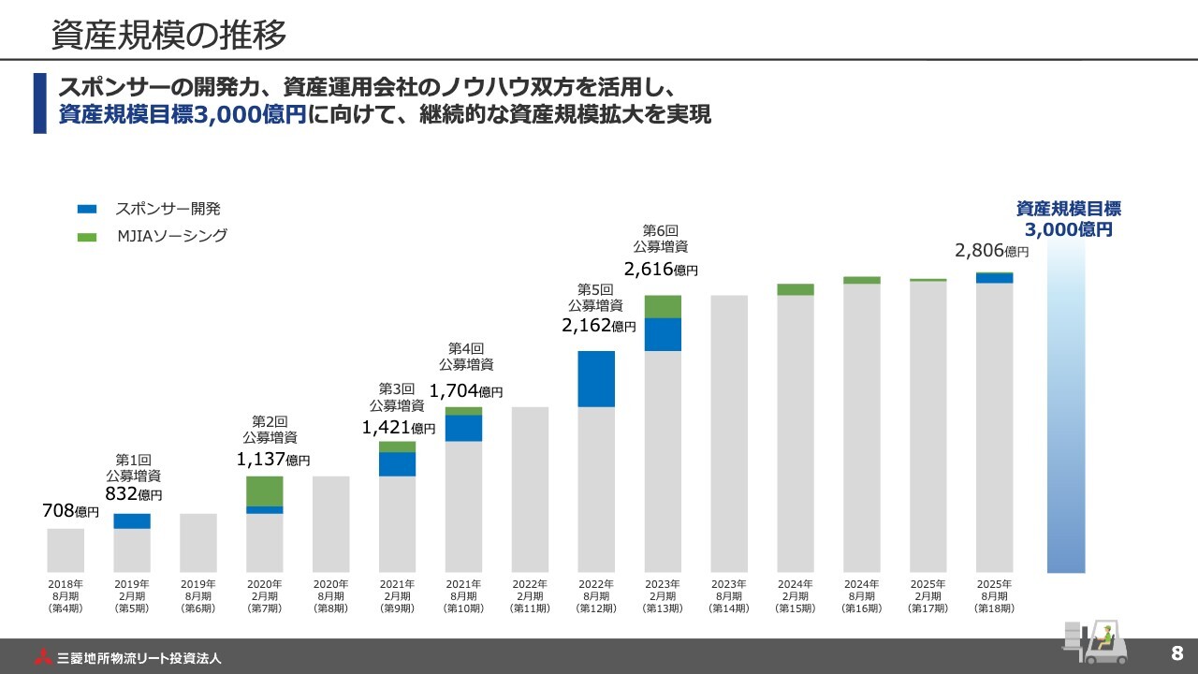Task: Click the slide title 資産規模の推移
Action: pyautogui.click(x=168, y=35)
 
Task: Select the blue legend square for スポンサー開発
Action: pyautogui.click(x=87, y=210)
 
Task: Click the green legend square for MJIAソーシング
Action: pyautogui.click(x=87, y=237)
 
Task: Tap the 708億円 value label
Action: pyautogui.click(x=70, y=511)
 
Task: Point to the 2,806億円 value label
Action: pyautogui.click(x=991, y=251)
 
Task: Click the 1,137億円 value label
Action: pyautogui.click(x=272, y=459)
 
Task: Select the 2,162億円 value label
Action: pyautogui.click(x=598, y=327)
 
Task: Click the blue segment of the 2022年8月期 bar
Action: pyautogui.click(x=596, y=379)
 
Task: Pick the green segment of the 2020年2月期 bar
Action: pyautogui.click(x=265, y=491)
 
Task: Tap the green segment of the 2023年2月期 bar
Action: pyautogui.click(x=663, y=306)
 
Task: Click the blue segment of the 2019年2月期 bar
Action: pyautogui.click(x=132, y=520)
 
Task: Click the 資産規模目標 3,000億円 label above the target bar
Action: pyautogui.click(x=1068, y=219)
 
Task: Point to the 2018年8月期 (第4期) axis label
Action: pyautogui.click(x=66, y=595)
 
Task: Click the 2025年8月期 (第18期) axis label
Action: pyautogui.click(x=994, y=595)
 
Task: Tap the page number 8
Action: pyautogui.click(x=1176, y=652)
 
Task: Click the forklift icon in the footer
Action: pyautogui.click(x=1092, y=642)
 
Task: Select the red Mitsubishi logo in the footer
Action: pyautogui.click(x=44, y=657)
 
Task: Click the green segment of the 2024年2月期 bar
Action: pyautogui.click(x=796, y=289)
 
